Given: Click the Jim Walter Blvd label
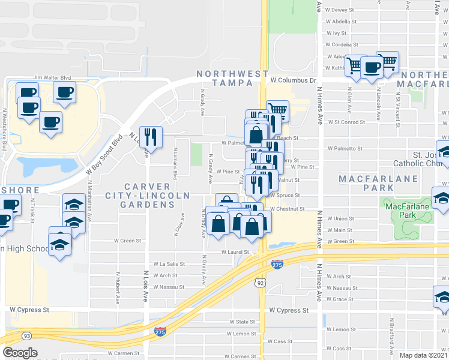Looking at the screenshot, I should pyautogui.click(x=52, y=77).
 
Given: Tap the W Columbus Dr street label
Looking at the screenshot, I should pyautogui.click(x=292, y=80).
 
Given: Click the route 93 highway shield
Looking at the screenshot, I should pyautogui.click(x=26, y=335).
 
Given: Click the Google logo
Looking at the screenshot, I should pyautogui.click(x=20, y=352).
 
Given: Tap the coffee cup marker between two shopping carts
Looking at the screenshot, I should pyautogui.click(x=372, y=67).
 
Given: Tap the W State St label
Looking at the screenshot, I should pyautogui.click(x=241, y=322).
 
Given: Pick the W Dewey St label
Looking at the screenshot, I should pyautogui.click(x=340, y=10).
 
